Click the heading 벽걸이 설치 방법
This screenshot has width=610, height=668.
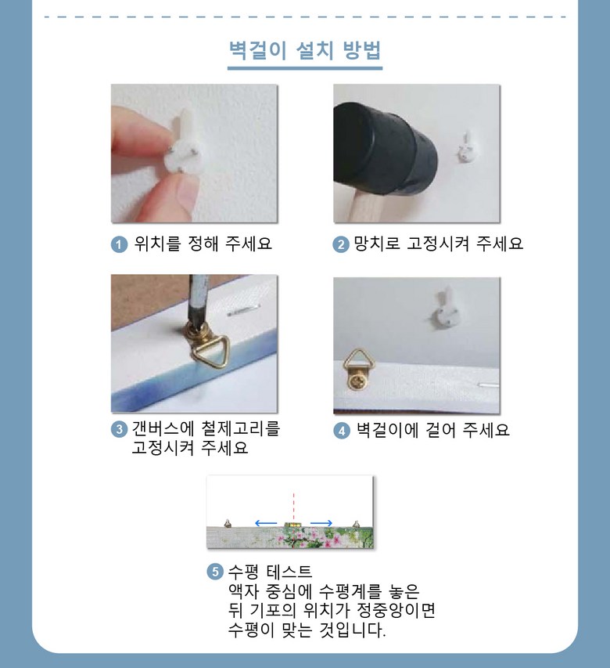[x=304, y=51]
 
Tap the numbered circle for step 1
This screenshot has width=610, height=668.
[x=119, y=244]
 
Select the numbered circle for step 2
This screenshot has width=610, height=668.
[x=341, y=244]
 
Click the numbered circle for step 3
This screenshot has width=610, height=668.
[x=119, y=429]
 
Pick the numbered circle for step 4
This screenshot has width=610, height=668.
[x=342, y=431]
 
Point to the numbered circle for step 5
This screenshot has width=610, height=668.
[x=215, y=572]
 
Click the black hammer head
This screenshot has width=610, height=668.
[x=384, y=148]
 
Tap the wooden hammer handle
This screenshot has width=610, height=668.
[x=369, y=208]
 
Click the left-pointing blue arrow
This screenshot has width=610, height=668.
[x=266, y=523]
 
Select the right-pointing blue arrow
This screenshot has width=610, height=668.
[x=321, y=523]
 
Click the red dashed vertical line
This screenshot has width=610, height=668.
[x=293, y=506]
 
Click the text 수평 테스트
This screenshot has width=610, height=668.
[x=270, y=572]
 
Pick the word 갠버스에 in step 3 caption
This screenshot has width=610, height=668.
[x=162, y=428]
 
